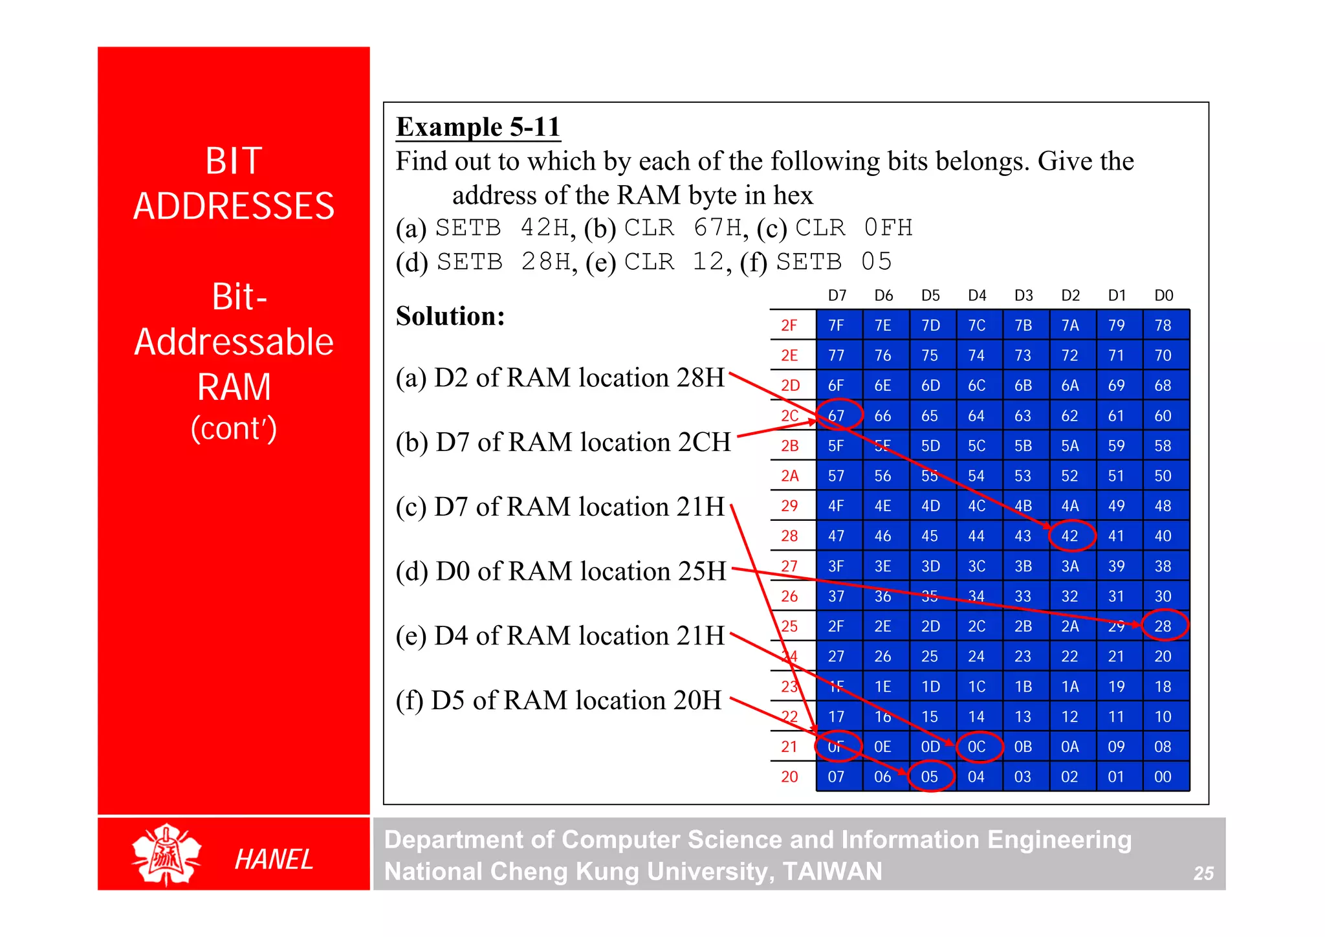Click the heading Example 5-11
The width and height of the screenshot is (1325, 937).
pos(477,127)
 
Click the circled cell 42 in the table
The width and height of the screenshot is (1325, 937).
pos(1070,536)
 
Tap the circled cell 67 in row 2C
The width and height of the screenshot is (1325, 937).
pos(837,415)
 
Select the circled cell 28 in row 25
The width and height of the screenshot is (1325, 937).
pos(1163,626)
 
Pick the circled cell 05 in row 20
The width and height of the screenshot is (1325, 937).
pos(930,777)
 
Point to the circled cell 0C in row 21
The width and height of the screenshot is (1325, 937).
pos(977,747)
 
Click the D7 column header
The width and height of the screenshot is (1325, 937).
pos(837,296)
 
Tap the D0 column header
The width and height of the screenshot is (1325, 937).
pos(1163,296)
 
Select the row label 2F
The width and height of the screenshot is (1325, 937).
pos(789,325)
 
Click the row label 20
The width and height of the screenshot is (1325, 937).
pos(789,777)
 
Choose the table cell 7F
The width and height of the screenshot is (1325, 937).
pos(837,325)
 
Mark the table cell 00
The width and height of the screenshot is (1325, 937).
pos(1163,777)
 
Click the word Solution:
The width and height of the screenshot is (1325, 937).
pos(450,316)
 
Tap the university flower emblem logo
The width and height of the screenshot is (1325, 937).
pos(166,854)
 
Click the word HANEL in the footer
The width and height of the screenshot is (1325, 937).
pos(274,859)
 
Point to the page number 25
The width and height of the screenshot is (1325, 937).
pos(1203,874)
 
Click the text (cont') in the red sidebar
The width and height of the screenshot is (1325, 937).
pos(234,428)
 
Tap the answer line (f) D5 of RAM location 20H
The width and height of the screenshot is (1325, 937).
pos(558,700)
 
